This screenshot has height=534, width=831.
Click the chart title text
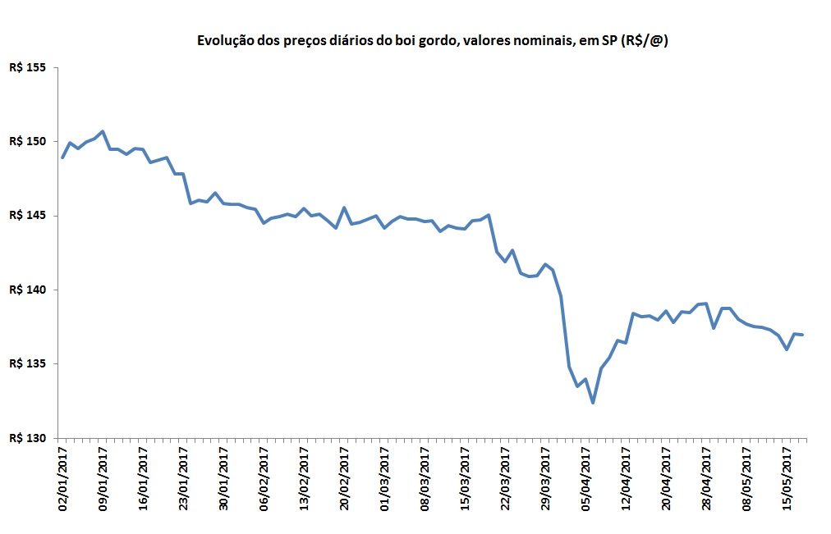[x=431, y=41]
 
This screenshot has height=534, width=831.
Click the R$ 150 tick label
[x=27, y=141]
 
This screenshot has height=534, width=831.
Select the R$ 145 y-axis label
[x=27, y=216]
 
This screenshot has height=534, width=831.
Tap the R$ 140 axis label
[x=27, y=290]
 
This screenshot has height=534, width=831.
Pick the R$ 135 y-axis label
[x=27, y=363]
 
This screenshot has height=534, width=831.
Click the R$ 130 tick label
[x=27, y=438]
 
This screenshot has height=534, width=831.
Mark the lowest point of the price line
[x=593, y=403]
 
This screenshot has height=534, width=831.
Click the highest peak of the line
[x=102, y=131]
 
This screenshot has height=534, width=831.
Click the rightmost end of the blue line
[x=802, y=335]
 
